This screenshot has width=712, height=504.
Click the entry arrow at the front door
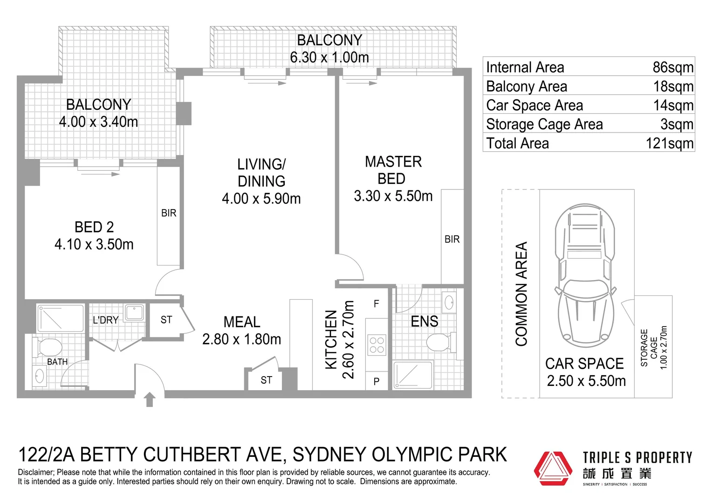(150, 399)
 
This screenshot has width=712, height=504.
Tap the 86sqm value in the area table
(673, 67)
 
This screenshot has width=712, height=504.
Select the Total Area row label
(517, 143)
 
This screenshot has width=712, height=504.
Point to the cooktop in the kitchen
(377, 345)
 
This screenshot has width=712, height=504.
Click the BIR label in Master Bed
(452, 239)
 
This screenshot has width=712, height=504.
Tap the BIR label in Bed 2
(169, 213)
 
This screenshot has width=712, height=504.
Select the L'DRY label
(105, 320)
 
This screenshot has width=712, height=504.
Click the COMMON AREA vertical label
(521, 294)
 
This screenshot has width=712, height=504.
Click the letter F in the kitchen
(377, 304)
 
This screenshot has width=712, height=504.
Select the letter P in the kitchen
(377, 382)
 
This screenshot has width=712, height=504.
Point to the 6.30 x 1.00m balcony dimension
(329, 57)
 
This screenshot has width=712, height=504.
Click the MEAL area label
(242, 322)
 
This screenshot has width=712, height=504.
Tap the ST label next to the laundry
(166, 320)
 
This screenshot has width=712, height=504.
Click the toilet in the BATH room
(48, 347)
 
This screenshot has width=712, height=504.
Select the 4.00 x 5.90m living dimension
(261, 199)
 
